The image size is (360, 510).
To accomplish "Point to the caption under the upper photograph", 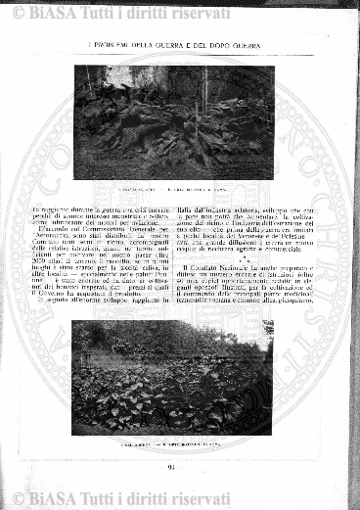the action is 174,187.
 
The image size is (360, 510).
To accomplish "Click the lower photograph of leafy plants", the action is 172,377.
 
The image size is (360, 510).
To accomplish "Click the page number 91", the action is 171,466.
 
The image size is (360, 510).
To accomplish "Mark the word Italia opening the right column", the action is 191,209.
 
